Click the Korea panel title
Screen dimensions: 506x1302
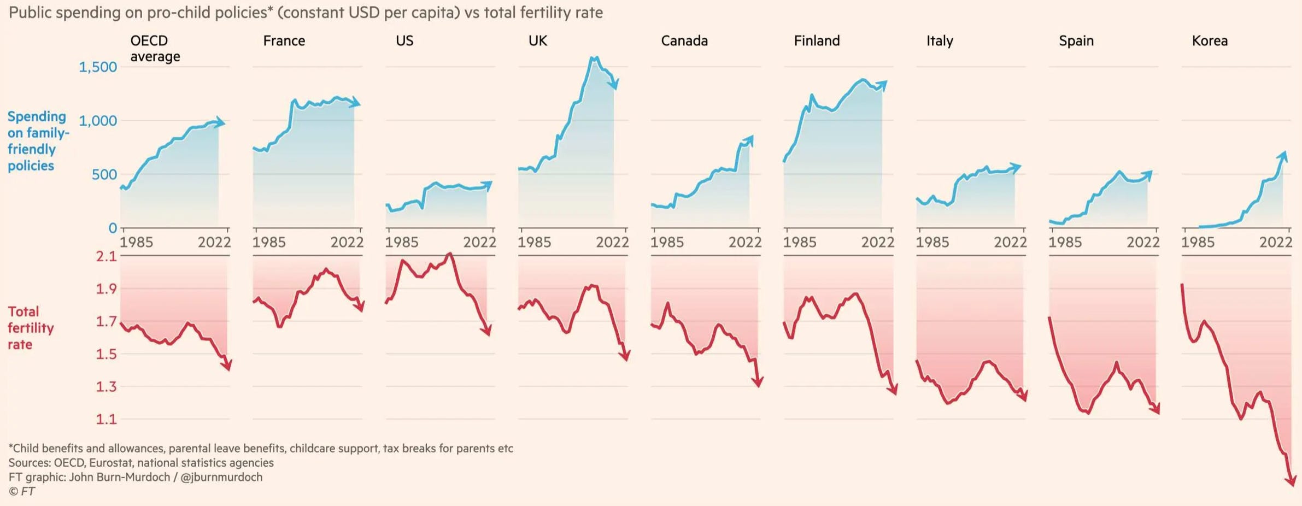[x=1209, y=41]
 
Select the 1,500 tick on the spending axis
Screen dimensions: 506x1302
[x=98, y=67]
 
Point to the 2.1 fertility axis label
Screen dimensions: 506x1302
[x=107, y=256]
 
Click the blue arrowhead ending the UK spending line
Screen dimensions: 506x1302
[x=615, y=84]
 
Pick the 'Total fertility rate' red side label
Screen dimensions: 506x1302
[x=31, y=328]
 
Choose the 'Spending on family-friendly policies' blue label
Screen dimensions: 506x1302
[x=37, y=141]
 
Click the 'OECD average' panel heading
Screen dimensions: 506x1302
[x=155, y=49]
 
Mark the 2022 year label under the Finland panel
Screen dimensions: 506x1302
[x=877, y=242]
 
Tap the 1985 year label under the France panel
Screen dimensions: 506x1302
[x=269, y=242]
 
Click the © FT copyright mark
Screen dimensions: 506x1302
[x=22, y=491]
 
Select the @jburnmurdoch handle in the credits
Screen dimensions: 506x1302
[x=221, y=477]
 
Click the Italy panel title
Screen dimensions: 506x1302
[x=940, y=41]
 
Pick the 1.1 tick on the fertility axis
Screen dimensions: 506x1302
[x=107, y=419]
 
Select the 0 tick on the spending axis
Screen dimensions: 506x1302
[x=113, y=228]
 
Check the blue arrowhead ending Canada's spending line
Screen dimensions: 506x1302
[x=749, y=140]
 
